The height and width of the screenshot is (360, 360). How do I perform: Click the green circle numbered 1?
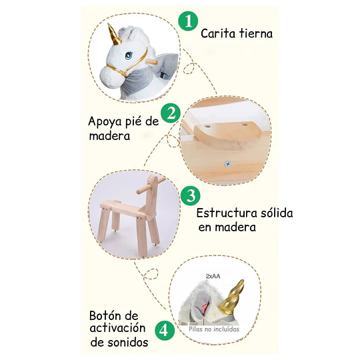pos(188,22)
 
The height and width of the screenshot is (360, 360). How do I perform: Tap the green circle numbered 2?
pos(171,113)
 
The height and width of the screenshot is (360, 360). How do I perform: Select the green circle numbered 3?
pos(190,195)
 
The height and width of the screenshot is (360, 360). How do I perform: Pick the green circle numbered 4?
pos(165,331)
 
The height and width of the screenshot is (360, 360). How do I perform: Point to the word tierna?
pos(256,33)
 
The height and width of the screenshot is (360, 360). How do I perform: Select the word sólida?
pos(277,213)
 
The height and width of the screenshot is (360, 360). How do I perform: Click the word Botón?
pos(113,315)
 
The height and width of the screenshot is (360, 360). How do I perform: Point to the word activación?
pos(117,328)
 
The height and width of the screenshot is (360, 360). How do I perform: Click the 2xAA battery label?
pos(213,276)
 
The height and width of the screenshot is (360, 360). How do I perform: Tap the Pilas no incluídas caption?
pos(214,329)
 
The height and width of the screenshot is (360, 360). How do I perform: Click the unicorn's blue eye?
pos(129,55)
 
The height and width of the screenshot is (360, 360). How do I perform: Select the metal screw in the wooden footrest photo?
pos(228,164)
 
